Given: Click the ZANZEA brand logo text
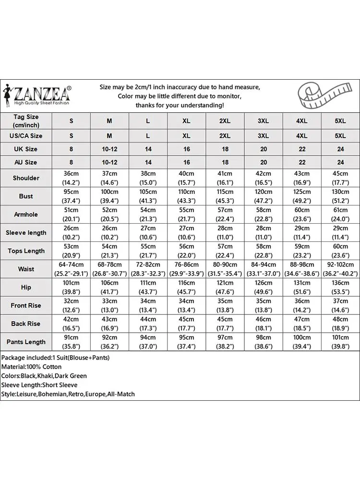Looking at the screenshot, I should (42, 91).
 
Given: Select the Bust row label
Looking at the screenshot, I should (26, 196).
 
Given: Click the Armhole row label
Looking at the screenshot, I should (26, 215).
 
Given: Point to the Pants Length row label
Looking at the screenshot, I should (26, 342).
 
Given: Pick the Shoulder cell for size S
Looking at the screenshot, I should (71, 178).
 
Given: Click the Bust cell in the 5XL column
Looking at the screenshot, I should (340, 196).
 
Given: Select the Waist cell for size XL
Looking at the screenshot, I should (186, 269).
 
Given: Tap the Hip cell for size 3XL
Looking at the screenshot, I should (263, 288).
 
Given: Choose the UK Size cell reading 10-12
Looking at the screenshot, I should (109, 149).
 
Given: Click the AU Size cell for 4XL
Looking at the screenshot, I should (301, 163).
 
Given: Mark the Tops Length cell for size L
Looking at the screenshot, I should (148, 251).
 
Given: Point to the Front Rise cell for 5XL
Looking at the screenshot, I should (340, 306).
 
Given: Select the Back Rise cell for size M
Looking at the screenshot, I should (109, 324).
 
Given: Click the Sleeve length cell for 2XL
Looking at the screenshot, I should (225, 233).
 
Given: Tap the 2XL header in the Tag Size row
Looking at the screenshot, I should (225, 121).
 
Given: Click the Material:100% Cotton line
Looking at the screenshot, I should (32, 367).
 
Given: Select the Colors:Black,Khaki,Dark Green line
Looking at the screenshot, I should (44, 376).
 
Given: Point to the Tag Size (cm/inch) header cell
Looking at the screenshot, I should (26, 121).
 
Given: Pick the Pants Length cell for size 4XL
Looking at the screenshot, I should (301, 342).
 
